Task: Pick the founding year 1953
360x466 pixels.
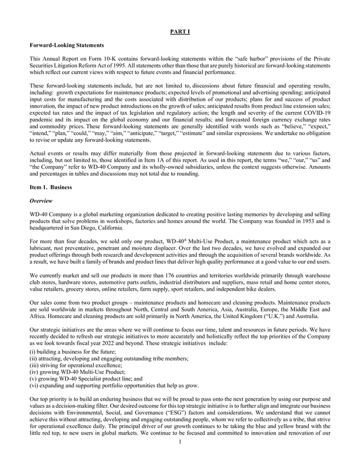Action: [299, 221]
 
